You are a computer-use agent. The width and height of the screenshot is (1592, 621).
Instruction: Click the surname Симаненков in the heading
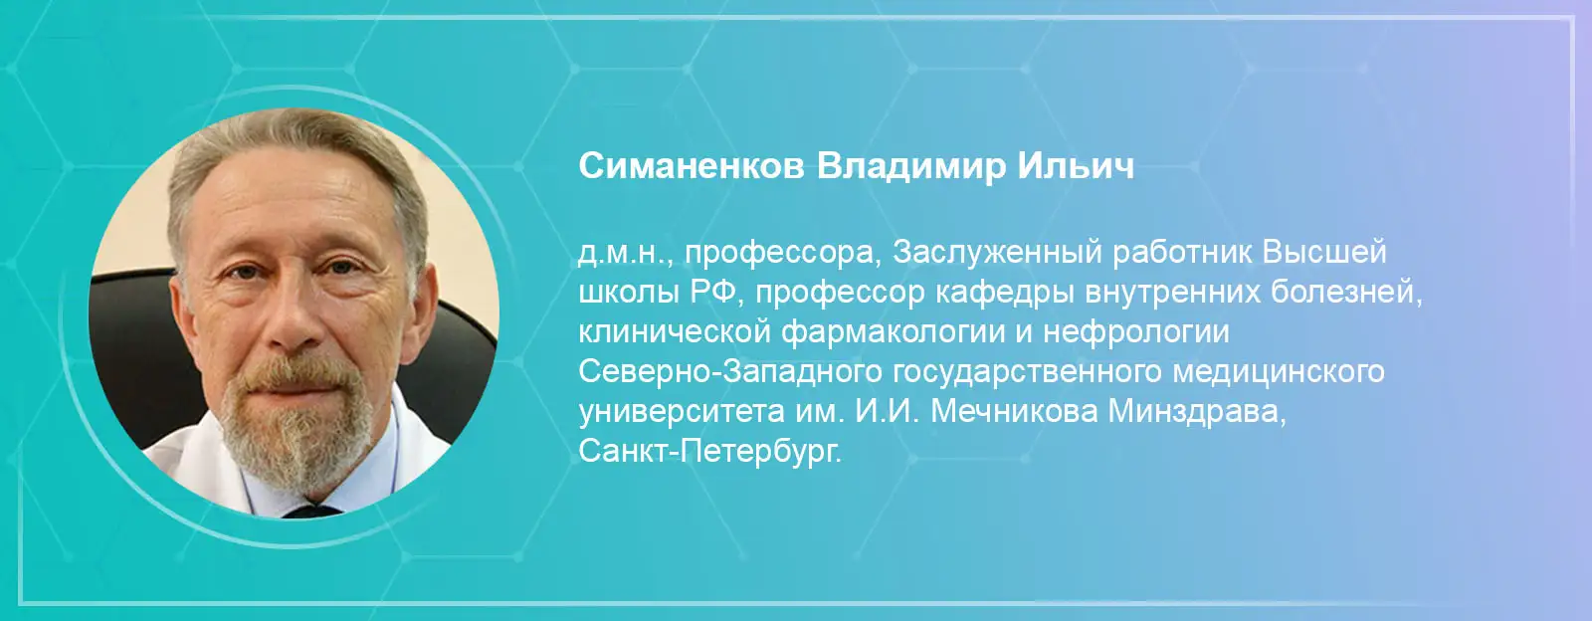[691, 167]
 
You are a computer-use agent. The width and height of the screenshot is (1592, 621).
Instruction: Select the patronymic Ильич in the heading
[1076, 167]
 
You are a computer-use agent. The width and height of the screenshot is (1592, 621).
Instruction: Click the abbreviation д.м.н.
[625, 253]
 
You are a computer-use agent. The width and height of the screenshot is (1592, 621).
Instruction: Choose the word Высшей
[1324, 253]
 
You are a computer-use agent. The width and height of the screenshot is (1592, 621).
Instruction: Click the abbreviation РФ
[714, 292]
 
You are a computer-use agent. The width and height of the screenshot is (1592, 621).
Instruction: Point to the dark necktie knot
[312, 511]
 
